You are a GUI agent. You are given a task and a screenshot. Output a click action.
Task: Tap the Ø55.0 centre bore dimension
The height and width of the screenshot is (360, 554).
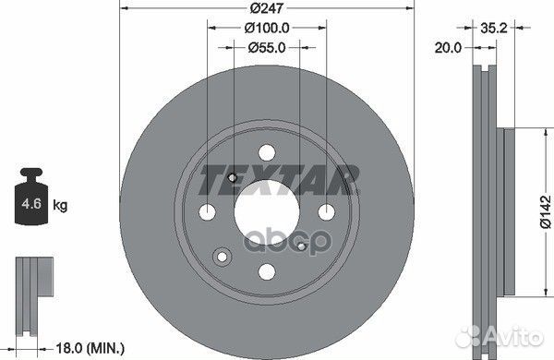[x=266, y=47]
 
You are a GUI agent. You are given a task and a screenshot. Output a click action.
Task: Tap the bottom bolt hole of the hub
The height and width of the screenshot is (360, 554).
[x=266, y=271]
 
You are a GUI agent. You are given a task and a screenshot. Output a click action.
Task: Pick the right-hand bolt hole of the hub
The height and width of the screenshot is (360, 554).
[x=325, y=212]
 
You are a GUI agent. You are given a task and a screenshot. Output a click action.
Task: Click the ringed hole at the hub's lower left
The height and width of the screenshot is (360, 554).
[x=223, y=256]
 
